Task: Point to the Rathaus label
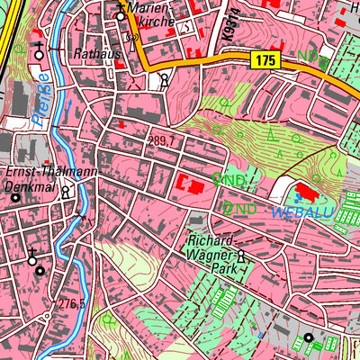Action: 96,53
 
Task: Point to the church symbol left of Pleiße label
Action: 38,51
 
